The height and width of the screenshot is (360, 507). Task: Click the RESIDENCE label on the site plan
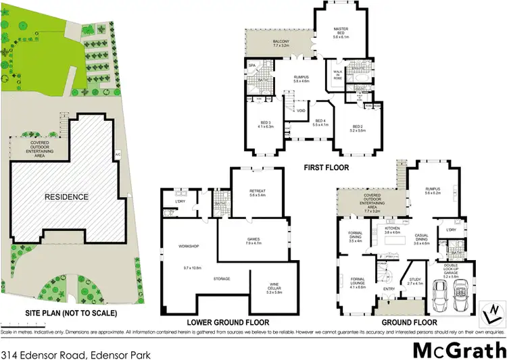point(67,197)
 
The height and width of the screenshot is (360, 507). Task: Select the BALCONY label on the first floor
point(263,43)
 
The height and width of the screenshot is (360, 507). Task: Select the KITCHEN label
point(393,230)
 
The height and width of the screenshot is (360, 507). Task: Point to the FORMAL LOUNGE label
point(358,281)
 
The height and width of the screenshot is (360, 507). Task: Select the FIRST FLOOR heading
point(327,167)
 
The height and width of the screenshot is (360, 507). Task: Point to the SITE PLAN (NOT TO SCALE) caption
point(62,313)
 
